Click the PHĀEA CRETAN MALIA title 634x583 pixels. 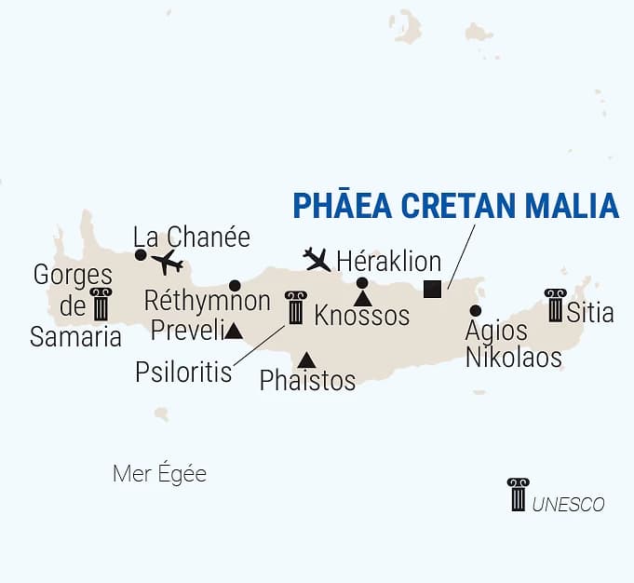coord(455,205)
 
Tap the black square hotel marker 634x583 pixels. coord(432,289)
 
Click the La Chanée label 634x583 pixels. coord(192,237)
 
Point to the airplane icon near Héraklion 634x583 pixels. coord(317,259)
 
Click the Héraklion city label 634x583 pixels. coord(388,262)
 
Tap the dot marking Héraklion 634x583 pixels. coord(362,283)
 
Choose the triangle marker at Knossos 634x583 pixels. coord(363,298)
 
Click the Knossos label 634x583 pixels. coord(362,316)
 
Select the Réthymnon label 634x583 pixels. coord(208,302)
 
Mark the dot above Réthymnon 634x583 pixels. coord(235,286)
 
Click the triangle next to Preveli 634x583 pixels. coord(233,331)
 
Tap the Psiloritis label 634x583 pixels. coord(182,372)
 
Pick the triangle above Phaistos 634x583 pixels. coord(306,360)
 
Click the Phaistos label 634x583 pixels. coord(307,380)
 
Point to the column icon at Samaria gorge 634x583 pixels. coord(100,305)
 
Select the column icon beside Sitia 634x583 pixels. coord(556,305)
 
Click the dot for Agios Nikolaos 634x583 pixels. coord(476,310)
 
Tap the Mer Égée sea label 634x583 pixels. coord(159,474)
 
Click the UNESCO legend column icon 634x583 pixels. coord(518,494)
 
